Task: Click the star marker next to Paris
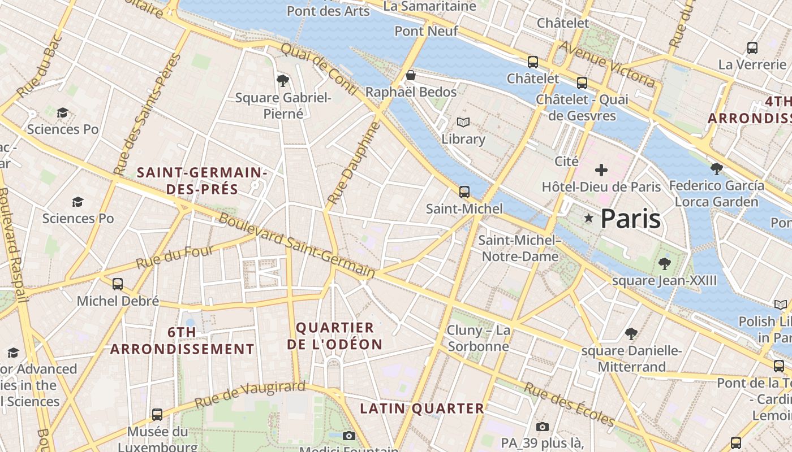tap(588, 218)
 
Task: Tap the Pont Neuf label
tap(426, 31)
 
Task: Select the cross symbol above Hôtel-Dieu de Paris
tap(601, 169)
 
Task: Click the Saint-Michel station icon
tap(464, 192)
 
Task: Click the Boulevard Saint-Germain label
tap(296, 245)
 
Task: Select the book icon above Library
tap(463, 122)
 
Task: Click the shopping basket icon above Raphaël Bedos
tap(411, 75)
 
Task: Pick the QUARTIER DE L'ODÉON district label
tap(334, 336)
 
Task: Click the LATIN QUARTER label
tap(422, 408)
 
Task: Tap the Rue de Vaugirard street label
tap(249, 394)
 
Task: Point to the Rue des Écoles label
tap(569, 405)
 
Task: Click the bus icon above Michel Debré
tap(118, 284)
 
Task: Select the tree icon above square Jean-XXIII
tap(665, 263)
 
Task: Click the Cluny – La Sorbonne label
tap(478, 338)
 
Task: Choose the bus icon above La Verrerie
tap(752, 48)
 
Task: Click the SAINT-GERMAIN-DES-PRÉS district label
tap(202, 180)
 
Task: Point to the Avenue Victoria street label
tap(606, 64)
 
